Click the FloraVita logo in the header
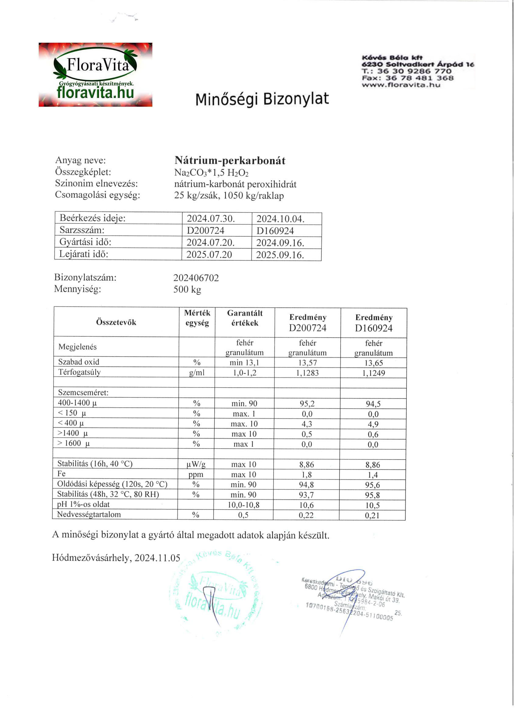pyautogui.click(x=95, y=74)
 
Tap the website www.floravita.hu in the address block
pyautogui.click(x=401, y=85)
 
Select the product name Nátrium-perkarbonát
pyautogui.click(x=230, y=161)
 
